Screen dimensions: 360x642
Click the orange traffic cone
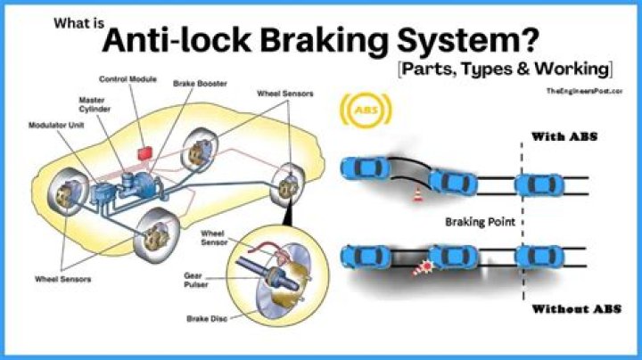tap(416, 196)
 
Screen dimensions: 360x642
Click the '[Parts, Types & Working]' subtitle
tap(503, 68)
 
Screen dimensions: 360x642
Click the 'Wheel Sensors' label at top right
tap(284, 93)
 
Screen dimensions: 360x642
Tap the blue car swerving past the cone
tap(452, 182)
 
